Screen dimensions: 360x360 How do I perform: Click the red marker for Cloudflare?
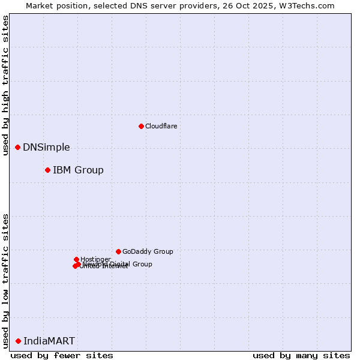(141, 126)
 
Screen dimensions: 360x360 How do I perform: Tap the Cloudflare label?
(161, 126)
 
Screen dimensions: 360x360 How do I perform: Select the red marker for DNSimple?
(17, 147)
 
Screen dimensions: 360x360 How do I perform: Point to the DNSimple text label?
(46, 147)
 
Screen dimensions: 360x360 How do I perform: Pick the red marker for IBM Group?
(47, 170)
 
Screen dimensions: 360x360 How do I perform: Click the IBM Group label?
(78, 170)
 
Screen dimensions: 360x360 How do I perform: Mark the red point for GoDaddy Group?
(118, 251)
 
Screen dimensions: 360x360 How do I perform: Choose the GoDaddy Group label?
(148, 251)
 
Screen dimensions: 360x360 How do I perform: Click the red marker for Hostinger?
(76, 259)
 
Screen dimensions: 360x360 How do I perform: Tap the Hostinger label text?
(95, 259)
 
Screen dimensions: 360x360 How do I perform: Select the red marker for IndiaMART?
(18, 341)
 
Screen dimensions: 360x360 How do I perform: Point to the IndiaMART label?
(49, 341)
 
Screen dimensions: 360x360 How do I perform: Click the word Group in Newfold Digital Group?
(142, 264)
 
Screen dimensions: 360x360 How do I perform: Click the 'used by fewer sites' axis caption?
(62, 355)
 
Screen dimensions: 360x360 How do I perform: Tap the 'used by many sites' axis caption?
(301, 355)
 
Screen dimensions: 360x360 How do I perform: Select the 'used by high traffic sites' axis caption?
(5, 86)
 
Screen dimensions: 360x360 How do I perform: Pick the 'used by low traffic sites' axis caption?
(5, 280)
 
